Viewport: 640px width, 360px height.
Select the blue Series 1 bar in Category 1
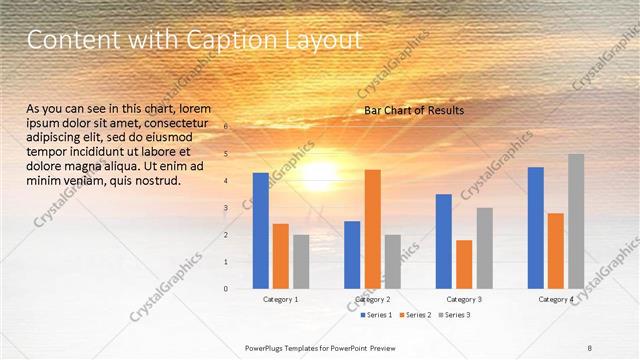point(261,230)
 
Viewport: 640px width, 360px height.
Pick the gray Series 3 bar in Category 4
point(576,221)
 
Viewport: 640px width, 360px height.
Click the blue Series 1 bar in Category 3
point(444,241)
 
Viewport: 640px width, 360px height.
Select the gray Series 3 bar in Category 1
point(301,261)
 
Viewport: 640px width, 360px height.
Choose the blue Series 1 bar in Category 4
point(536,227)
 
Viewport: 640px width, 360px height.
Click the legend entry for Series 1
point(377,315)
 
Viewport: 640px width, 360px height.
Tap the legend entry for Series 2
point(415,315)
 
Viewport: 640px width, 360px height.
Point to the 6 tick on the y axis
point(226,127)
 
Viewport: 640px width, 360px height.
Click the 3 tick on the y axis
point(226,208)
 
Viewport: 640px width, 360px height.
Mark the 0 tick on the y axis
point(226,289)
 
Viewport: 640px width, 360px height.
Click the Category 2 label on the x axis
point(372,299)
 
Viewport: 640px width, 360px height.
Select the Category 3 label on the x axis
point(464,299)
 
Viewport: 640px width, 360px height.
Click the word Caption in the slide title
point(191,41)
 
